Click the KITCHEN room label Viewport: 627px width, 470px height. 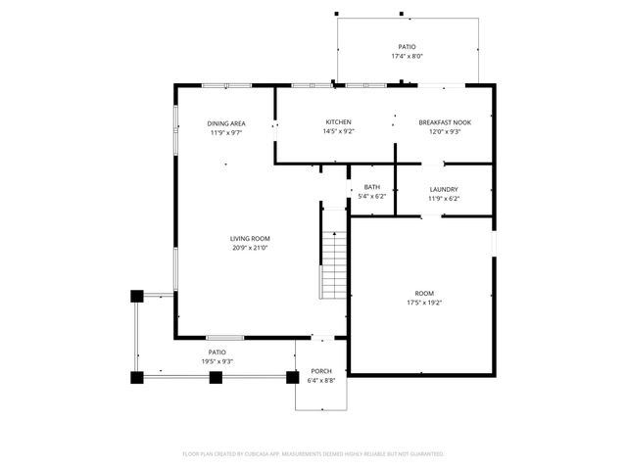[338, 122]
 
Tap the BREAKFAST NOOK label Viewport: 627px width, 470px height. [445, 122]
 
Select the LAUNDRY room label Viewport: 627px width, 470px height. [443, 189]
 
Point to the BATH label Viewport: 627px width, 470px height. [371, 187]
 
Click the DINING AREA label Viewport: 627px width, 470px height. [224, 123]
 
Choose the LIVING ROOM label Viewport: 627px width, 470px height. [250, 239]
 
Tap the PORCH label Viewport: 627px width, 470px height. [321, 371]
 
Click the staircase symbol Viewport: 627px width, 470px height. [334, 264]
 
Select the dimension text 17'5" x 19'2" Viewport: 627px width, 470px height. [423, 303]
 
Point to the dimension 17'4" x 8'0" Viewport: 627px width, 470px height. [407, 56]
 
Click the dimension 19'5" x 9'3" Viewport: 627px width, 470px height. [217, 361]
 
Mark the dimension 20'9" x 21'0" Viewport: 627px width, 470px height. [250, 248]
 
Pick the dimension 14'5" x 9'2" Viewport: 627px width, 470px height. [338, 131]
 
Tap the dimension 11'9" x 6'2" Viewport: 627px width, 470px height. [443, 198]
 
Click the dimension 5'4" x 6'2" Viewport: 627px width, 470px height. [371, 196]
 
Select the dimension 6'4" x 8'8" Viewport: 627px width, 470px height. [321, 380]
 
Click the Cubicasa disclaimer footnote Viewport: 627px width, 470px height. [313, 454]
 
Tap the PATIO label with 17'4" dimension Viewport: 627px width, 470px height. [407, 47]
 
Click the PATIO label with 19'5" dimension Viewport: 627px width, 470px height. [217, 352]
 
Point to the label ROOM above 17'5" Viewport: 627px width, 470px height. [423, 294]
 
